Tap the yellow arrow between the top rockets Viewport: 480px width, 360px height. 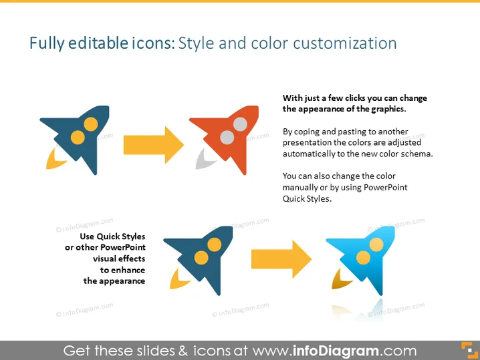tap(154, 145)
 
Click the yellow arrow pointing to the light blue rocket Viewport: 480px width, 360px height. tap(281, 259)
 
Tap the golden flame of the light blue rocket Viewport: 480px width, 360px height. tap(340, 280)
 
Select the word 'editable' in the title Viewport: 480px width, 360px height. tap(98, 43)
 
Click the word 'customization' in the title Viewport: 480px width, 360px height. tap(345, 43)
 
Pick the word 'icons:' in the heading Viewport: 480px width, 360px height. tap(153, 43)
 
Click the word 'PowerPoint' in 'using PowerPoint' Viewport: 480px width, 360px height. tap(385, 187)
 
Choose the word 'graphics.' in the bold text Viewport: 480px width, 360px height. tap(388, 109)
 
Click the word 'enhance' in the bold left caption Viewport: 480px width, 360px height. tap(128, 270)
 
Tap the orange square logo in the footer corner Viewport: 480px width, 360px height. tap(469, 350)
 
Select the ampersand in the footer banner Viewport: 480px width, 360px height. tap(183, 351)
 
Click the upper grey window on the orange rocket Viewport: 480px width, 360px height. tap(240, 124)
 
